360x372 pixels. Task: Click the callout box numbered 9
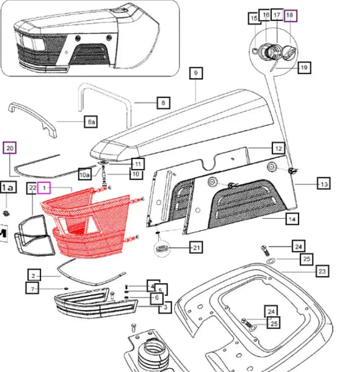click(x=196, y=73)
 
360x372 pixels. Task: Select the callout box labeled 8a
click(x=91, y=122)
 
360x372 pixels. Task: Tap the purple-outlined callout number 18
click(x=290, y=16)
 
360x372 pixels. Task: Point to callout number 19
click(x=304, y=68)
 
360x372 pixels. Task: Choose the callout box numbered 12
click(x=279, y=148)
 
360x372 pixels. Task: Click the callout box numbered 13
click(x=324, y=183)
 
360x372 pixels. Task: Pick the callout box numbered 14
click(x=292, y=219)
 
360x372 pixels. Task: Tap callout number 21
click(x=196, y=247)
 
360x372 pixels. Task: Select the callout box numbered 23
click(x=322, y=271)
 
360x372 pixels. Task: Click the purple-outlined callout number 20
click(x=10, y=148)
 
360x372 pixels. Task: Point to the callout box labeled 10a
click(x=84, y=175)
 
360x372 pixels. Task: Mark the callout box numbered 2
click(x=34, y=275)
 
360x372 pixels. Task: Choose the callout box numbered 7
click(x=32, y=288)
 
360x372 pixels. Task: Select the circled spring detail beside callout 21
click(x=162, y=248)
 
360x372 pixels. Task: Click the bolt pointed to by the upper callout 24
click(x=265, y=251)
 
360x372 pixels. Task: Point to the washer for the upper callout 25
click(x=270, y=261)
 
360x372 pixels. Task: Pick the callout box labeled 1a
click(x=9, y=188)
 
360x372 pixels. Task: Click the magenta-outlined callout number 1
click(x=44, y=188)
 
